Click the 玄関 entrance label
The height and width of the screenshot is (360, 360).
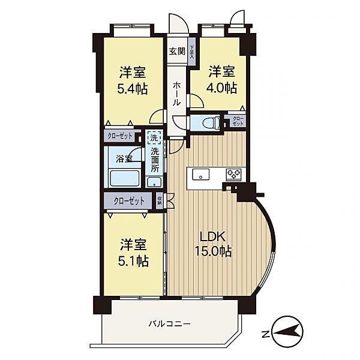(176, 50)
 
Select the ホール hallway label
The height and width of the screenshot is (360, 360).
(176, 95)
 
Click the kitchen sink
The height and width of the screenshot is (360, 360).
(200, 174)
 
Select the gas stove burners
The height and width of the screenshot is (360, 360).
(233, 174)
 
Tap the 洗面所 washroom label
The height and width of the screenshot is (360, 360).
(154, 160)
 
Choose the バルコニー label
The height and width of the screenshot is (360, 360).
(170, 323)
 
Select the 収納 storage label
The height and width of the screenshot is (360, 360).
(160, 200)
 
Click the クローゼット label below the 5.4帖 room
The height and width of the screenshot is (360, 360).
(120, 136)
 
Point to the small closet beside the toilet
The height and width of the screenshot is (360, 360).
(238, 121)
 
